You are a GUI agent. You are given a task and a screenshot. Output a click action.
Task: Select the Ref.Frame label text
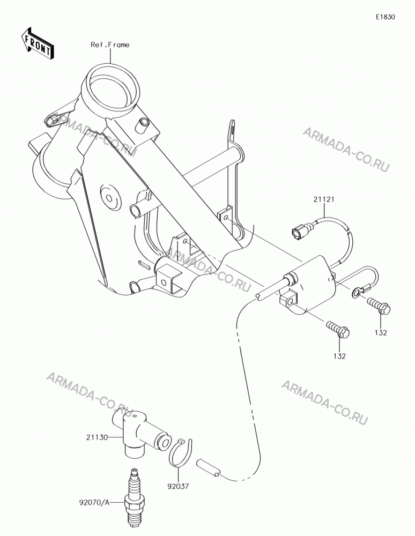click(x=110, y=45)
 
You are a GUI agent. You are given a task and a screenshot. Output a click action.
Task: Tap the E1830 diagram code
click(x=386, y=17)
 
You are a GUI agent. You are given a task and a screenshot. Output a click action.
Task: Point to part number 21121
click(x=324, y=199)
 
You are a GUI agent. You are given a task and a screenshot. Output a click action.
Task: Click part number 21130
click(x=97, y=437)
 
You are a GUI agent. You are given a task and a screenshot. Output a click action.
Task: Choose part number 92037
click(x=179, y=486)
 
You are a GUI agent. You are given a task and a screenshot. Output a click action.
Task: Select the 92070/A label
click(x=94, y=502)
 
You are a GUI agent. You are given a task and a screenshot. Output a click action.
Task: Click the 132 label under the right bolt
click(x=381, y=333)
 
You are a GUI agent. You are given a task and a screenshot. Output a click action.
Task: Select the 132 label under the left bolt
click(x=339, y=356)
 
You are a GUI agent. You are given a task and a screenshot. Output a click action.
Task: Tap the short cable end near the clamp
click(x=208, y=467)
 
